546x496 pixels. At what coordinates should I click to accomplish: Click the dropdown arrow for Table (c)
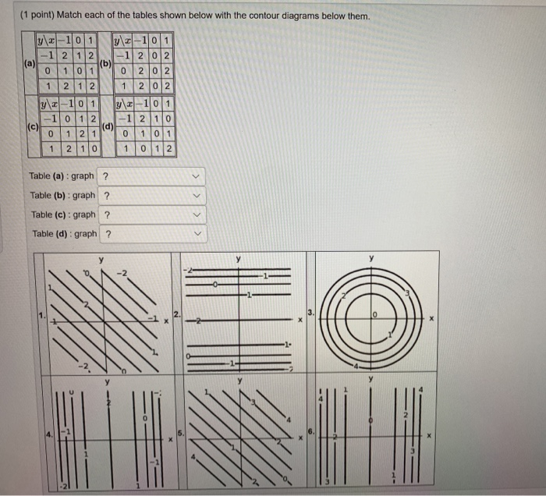197,214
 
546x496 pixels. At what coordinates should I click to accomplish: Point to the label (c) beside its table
31,126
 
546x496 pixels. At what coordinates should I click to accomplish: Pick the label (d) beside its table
108,126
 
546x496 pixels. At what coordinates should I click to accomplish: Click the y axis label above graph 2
239,258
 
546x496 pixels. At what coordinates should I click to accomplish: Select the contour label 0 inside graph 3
374,314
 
